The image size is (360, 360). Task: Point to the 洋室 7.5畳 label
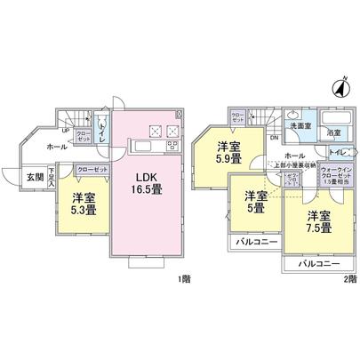pyautogui.click(x=320, y=221)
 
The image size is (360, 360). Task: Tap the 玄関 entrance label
pyautogui.click(x=32, y=175)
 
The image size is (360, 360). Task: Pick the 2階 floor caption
pyautogui.click(x=351, y=279)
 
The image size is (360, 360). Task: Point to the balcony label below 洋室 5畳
pyautogui.click(x=258, y=242)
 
